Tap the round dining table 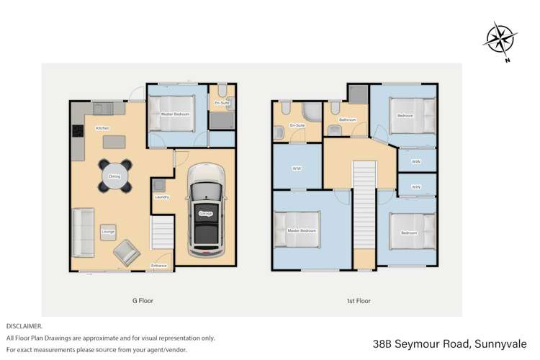115,176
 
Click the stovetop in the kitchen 77,132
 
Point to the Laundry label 161,197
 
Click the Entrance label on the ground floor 159,266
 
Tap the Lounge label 108,231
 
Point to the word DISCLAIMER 24,326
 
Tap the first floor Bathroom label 347,120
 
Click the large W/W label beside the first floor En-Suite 296,169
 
